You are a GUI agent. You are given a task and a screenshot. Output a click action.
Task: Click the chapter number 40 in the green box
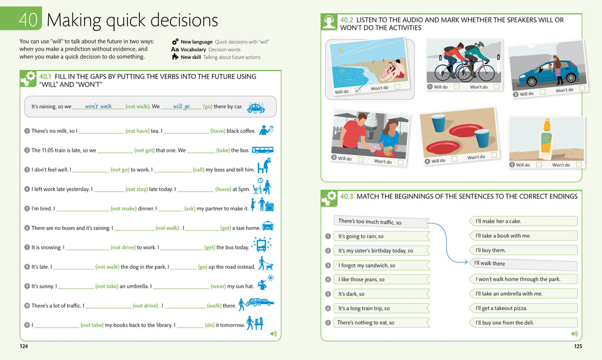[28, 20]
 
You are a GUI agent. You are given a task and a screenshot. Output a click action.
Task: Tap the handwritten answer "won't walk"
[98, 106]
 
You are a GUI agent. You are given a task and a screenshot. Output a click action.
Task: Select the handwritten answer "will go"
[181, 106]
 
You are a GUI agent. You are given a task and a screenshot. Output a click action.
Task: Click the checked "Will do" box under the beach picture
[357, 90]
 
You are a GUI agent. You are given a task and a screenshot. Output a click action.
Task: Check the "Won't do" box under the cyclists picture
[497, 86]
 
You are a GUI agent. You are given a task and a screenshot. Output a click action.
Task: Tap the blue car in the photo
[547, 74]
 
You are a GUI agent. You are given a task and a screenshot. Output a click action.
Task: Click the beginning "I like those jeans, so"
[362, 279]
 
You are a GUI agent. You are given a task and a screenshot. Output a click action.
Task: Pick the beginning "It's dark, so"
[352, 294]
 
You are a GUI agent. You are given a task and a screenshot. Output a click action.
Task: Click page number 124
[24, 346]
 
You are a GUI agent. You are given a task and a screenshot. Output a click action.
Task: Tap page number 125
[578, 346]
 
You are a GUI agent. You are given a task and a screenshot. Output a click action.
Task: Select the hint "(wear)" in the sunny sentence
[219, 286]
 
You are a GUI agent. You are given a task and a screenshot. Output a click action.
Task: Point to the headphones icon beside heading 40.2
[329, 22]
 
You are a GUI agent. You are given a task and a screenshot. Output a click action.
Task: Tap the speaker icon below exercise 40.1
[273, 334]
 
